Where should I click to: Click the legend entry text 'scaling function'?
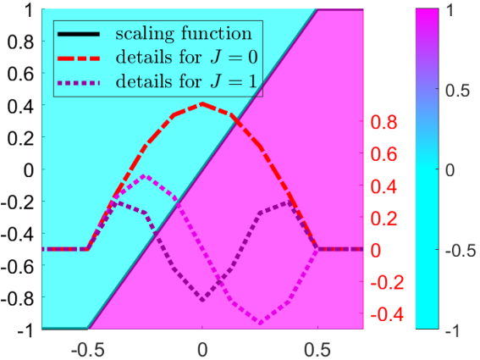[184, 34]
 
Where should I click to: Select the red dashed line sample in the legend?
[79, 58]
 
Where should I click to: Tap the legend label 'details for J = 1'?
[186, 81]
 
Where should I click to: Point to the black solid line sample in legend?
[79, 35]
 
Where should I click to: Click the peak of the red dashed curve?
[202, 104]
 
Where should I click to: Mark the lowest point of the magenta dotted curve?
[261, 323]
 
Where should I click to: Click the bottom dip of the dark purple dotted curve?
[202, 299]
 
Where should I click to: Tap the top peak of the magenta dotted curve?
[145, 176]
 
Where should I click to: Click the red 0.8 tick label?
[383, 122]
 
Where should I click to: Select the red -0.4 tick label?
[387, 314]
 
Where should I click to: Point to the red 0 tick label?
[376, 251]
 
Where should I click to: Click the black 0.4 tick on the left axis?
[20, 106]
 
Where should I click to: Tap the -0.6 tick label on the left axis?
[18, 266]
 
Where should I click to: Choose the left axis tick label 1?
[29, 11]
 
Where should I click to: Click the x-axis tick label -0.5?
[88, 350]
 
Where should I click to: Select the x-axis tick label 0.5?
[317, 350]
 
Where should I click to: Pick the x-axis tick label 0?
[202, 350]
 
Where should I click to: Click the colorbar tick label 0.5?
[458, 91]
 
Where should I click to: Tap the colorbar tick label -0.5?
[461, 251]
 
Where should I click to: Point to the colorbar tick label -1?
[453, 330]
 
